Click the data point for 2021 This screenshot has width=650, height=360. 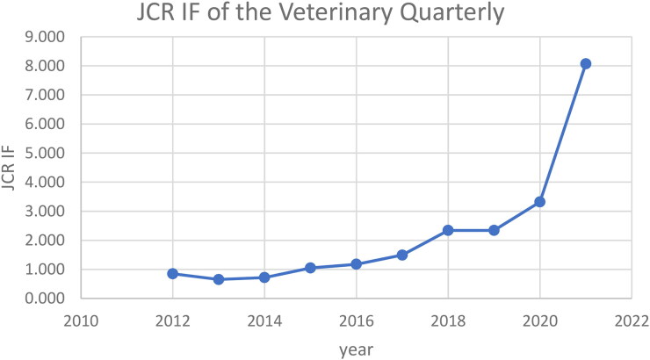[585, 64]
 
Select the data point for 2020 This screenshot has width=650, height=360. [539, 202]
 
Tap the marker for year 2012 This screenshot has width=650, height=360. [173, 273]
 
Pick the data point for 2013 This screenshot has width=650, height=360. [219, 279]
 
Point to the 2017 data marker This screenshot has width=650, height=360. [401, 255]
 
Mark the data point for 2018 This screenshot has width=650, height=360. [448, 230]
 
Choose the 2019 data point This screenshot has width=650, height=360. [494, 230]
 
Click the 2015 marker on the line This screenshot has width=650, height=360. [310, 268]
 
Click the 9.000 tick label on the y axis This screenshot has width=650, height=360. [44, 37]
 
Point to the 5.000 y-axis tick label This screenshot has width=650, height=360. [44, 154]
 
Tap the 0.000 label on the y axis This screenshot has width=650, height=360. [44, 299]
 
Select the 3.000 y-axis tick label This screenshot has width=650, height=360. [44, 212]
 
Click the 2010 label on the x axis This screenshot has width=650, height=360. [81, 321]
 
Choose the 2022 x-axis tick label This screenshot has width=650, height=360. [632, 321]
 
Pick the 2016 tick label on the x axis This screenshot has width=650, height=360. [356, 321]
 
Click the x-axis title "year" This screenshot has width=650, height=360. [356, 349]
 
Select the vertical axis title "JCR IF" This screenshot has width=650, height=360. [8, 168]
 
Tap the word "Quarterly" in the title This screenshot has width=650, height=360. [451, 13]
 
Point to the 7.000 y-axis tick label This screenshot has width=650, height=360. [44, 95]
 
